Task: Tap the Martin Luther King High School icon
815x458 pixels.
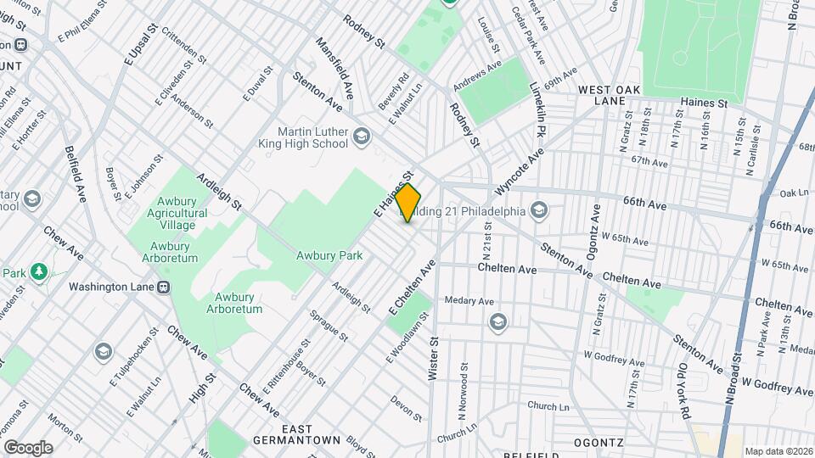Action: [362, 136]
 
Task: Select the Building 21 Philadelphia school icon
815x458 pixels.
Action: [539, 209]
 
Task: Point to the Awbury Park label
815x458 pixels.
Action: [329, 255]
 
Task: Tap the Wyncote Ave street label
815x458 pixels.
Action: [520, 172]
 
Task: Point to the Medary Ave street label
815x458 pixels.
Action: [475, 300]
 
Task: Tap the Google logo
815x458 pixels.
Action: [27, 447]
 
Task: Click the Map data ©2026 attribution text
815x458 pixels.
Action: [777, 451]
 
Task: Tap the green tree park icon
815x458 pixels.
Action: [37, 271]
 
